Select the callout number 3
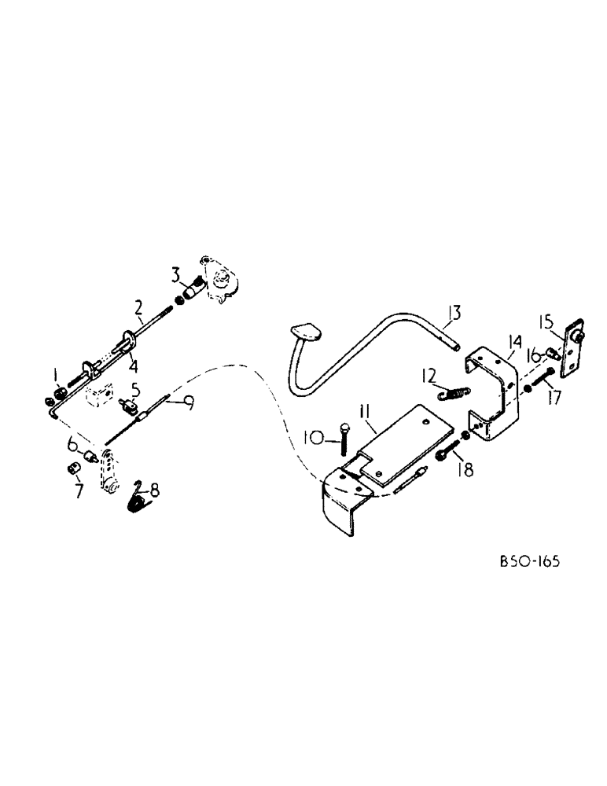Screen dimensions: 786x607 pyautogui.click(x=177, y=274)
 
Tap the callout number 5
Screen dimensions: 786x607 pyautogui.click(x=135, y=387)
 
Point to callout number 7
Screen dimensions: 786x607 pyautogui.click(x=77, y=492)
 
